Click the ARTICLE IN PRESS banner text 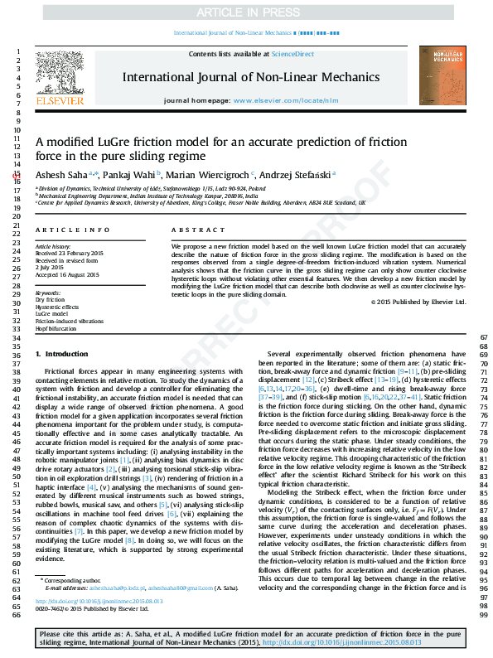tap(245, 13)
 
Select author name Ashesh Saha tap(60, 175)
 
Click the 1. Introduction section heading tap(67, 355)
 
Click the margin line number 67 tap(484, 336)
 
